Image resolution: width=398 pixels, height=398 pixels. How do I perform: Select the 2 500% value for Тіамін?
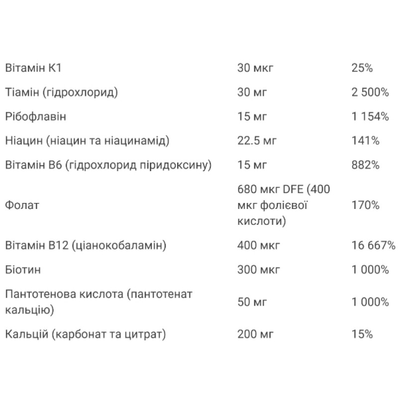tap(370, 93)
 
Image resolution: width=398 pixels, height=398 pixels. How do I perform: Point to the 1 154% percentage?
tap(370, 117)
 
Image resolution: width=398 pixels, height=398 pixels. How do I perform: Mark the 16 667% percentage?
tap(373, 245)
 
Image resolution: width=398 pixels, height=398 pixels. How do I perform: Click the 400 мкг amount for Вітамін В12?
tap(259, 245)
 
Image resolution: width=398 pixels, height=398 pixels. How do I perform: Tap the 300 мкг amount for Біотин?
tap(259, 270)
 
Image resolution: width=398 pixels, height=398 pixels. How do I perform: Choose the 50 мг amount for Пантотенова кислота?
tap(253, 302)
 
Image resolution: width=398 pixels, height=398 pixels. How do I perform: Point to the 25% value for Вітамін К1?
tap(362, 68)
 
